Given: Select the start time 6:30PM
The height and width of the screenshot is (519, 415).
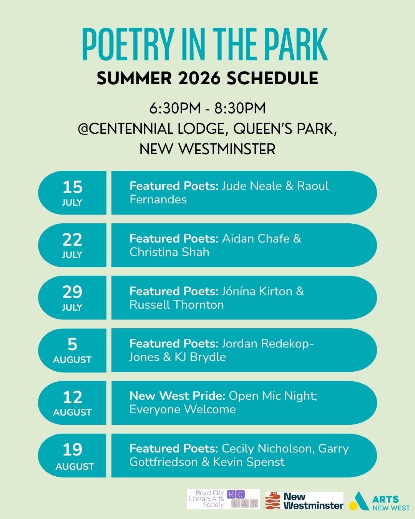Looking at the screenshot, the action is pyautogui.click(x=175, y=108).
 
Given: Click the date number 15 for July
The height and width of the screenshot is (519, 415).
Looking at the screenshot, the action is pyautogui.click(x=72, y=187).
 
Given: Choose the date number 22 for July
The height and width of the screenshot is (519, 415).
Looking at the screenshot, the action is pyautogui.click(x=72, y=240).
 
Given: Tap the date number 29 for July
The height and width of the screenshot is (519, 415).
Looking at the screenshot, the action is pyautogui.click(x=72, y=292).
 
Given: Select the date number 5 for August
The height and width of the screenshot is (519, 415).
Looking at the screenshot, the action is pyautogui.click(x=72, y=344).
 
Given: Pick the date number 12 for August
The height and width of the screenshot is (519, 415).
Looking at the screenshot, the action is pyautogui.click(x=72, y=397).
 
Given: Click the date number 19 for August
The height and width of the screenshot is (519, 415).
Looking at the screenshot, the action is pyautogui.click(x=72, y=449).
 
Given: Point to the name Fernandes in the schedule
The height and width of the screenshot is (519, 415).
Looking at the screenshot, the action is pyautogui.click(x=158, y=200).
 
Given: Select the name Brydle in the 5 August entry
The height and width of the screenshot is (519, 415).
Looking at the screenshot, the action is pyautogui.click(x=208, y=358).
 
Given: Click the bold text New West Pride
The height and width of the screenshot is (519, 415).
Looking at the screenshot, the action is pyautogui.click(x=178, y=396).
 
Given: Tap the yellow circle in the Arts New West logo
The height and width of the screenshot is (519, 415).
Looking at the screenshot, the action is pyautogui.click(x=353, y=506).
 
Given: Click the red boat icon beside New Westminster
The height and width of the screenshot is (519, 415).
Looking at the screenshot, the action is pyautogui.click(x=273, y=501).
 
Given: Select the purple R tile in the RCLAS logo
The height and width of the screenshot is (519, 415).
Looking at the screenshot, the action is pyautogui.click(x=231, y=495).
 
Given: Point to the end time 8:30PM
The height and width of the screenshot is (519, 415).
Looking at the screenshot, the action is pyautogui.click(x=240, y=108).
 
